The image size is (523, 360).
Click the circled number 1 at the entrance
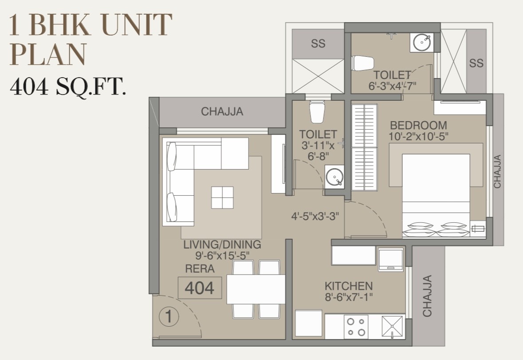[x=169, y=316]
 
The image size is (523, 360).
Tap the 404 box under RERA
[x=200, y=288]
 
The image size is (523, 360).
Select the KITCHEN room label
[x=349, y=286]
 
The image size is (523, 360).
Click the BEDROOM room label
[x=419, y=126]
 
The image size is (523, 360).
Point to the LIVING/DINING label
[x=222, y=245]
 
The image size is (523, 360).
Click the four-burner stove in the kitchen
[x=356, y=327]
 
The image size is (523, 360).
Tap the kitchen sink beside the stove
[x=392, y=327]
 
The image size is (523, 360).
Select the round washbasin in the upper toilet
[x=422, y=42]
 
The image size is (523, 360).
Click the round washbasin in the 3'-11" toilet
[x=334, y=177]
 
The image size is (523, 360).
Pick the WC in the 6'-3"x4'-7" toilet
[x=362, y=63]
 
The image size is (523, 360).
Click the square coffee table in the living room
[x=222, y=198]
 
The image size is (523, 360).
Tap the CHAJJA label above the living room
[x=222, y=111]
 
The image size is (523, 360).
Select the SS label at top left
[x=318, y=44]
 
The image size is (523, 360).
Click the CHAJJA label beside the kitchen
[x=427, y=296]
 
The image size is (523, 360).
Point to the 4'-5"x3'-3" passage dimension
[x=315, y=217]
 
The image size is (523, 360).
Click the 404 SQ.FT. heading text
[x=68, y=87]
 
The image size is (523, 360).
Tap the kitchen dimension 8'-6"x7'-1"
[x=349, y=297]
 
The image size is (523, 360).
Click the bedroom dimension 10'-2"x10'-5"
[x=419, y=136]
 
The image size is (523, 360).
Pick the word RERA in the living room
[x=200, y=269]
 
